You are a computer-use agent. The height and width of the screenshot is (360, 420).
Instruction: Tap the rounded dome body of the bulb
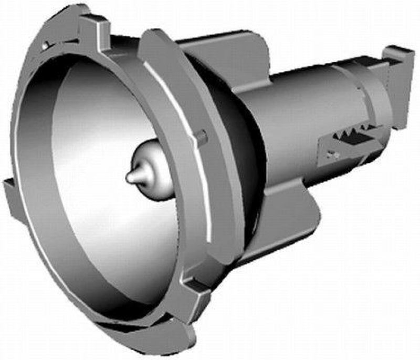tap(152, 168)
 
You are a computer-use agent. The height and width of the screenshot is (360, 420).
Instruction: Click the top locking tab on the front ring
tap(94, 24)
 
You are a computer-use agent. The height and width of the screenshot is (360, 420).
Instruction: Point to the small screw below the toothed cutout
tap(330, 155)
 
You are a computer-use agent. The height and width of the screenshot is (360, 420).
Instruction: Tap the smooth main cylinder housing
tap(294, 121)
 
